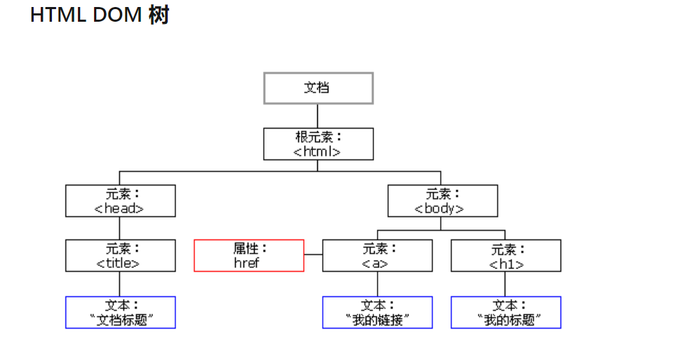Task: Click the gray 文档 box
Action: pyautogui.click(x=318, y=88)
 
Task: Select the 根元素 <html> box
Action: pyautogui.click(x=318, y=143)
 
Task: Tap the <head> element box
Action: pyautogui.click(x=120, y=201)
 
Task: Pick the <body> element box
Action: pyautogui.click(x=442, y=201)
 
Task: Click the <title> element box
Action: pyautogui.click(x=120, y=255)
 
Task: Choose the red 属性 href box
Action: pyautogui.click(x=248, y=255)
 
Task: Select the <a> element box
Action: pyautogui.click(x=377, y=255)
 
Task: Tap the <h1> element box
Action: pyautogui.click(x=505, y=255)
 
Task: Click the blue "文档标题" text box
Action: pyautogui.click(x=120, y=312)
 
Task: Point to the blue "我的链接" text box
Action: pyautogui.click(x=377, y=312)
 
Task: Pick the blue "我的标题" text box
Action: pyautogui.click(x=505, y=312)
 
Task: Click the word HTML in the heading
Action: pyautogui.click(x=57, y=15)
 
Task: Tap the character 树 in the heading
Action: pyautogui.click(x=159, y=15)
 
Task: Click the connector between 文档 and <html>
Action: pyautogui.click(x=317, y=116)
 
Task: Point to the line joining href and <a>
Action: pyautogui.click(x=313, y=255)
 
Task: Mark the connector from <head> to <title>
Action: pyautogui.click(x=119, y=228)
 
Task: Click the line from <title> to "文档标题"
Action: pyautogui.click(x=119, y=284)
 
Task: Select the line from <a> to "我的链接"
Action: pyautogui.click(x=377, y=284)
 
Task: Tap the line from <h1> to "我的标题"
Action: pyautogui.click(x=505, y=284)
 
